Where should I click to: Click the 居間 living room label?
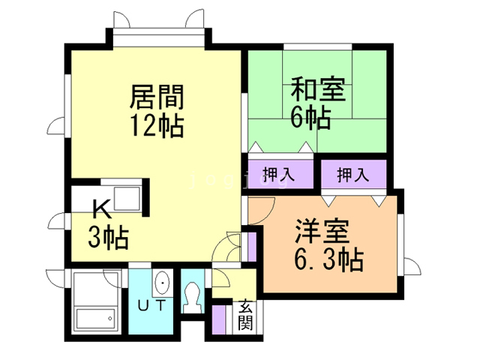157,97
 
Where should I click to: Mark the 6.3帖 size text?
328,260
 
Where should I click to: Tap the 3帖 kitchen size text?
108,238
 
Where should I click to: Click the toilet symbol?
192,296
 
